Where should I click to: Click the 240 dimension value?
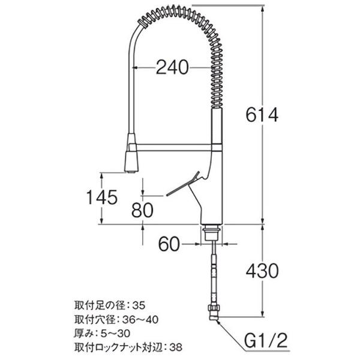[172, 67]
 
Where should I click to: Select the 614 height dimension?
[262, 115]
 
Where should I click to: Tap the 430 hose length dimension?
[262, 271]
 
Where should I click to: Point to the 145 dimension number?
[102, 197]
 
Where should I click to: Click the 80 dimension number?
[142, 210]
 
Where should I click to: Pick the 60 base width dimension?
[169, 244]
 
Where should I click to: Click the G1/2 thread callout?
[266, 341]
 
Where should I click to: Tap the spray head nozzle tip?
[132, 171]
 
